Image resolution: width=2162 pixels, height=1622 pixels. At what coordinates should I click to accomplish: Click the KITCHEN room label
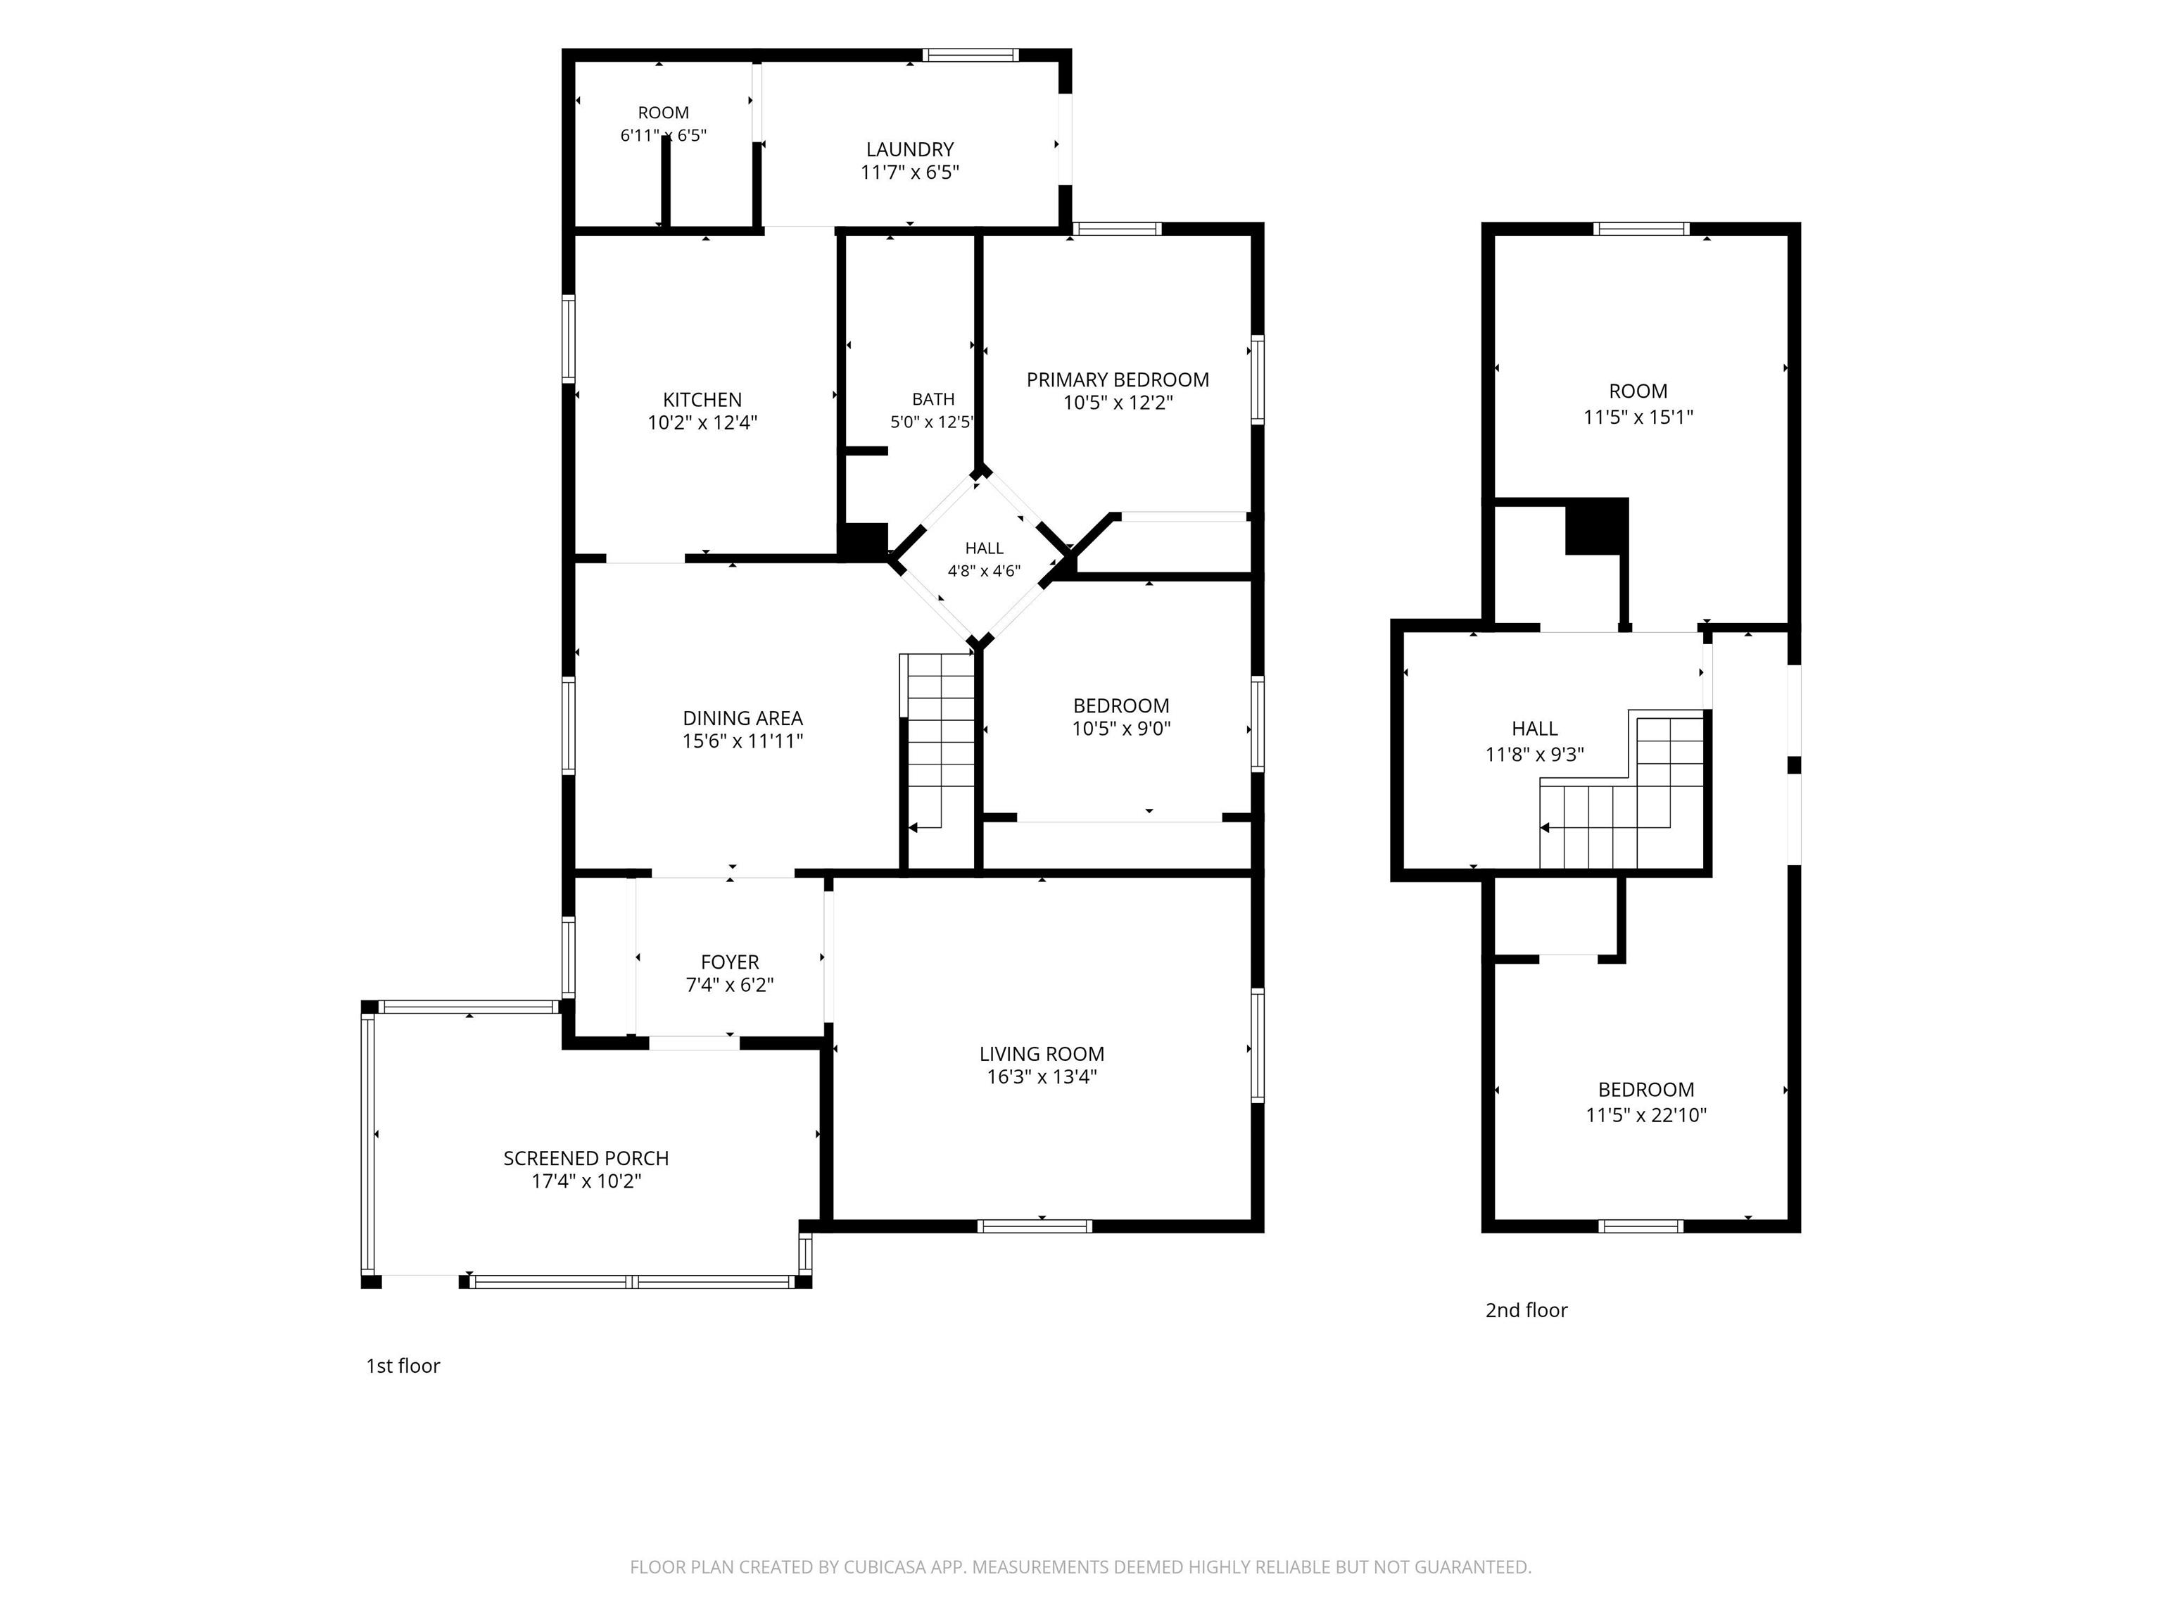pos(702,399)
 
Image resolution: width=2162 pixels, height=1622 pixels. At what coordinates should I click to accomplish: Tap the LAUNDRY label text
pos(909,149)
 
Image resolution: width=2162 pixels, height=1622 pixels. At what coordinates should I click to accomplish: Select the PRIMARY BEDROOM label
pos(1117,379)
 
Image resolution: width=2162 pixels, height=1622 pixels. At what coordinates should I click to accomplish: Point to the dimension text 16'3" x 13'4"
pos(1042,1076)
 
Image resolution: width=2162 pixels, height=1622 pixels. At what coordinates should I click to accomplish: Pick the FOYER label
pos(730,962)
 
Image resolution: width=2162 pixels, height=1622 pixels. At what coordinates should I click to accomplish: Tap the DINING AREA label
pos(742,717)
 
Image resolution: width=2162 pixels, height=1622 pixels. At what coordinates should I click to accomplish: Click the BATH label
pos(933,399)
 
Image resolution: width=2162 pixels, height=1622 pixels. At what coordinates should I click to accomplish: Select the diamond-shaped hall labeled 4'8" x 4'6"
pos(983,559)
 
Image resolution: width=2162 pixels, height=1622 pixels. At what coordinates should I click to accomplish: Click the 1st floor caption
pos(403,1366)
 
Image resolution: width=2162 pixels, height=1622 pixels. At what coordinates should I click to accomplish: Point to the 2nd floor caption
pos(1526,1310)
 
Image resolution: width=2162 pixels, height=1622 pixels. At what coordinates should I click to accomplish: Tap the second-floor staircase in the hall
pos(1622,792)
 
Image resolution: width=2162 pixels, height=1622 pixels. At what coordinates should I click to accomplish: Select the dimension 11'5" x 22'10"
pos(1646,1114)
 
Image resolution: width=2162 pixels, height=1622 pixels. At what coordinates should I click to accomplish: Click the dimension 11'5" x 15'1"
pos(1638,417)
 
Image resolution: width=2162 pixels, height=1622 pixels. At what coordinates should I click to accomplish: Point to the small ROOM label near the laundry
pos(664,113)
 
